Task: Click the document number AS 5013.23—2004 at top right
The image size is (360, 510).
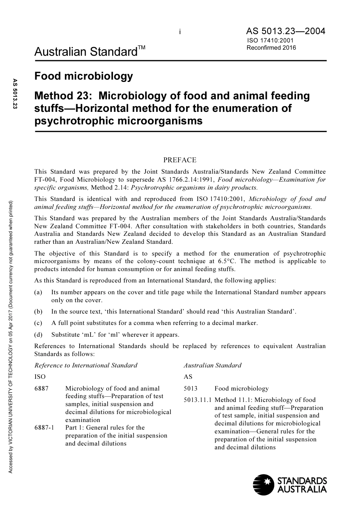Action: (285, 31)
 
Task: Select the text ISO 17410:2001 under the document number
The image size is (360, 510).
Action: (270, 41)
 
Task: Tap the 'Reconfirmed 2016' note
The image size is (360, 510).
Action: (271, 48)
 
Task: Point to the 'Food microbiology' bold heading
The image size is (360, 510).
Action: (83, 76)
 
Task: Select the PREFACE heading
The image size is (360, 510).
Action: (180, 160)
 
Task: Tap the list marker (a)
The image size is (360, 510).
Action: (38, 292)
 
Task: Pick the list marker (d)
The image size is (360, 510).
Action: (38, 334)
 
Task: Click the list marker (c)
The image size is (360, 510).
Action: (38, 323)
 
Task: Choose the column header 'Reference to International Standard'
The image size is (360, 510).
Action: (86, 366)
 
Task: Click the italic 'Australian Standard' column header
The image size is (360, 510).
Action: (212, 366)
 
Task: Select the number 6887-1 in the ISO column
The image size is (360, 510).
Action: (44, 428)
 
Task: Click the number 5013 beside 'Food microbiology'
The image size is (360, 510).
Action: (191, 389)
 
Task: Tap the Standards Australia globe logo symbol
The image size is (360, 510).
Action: (263, 485)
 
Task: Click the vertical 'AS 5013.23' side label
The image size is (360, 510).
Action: (16, 94)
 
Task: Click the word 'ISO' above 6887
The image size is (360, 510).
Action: (40, 377)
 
